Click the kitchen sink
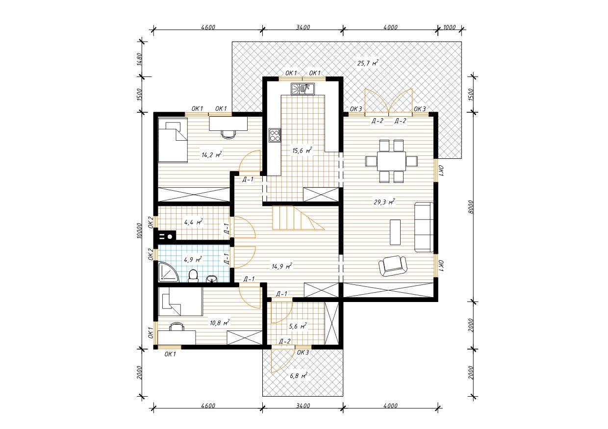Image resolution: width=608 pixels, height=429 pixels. [x=303, y=89]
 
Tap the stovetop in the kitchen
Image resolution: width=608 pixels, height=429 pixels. [x=275, y=135]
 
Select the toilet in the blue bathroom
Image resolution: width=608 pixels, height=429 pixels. [x=193, y=276]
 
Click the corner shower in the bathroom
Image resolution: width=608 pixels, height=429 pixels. [x=168, y=272]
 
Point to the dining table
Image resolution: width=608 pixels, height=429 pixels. [x=391, y=161]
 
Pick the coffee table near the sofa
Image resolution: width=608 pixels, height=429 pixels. [x=395, y=232]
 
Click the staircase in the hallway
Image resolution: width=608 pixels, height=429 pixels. [x=298, y=218]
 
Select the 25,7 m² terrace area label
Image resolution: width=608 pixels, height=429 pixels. [x=368, y=63]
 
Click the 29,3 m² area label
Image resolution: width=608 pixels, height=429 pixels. [x=384, y=202]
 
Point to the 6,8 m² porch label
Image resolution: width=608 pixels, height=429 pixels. [x=299, y=376]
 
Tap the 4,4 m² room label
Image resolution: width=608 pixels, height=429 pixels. [x=194, y=222]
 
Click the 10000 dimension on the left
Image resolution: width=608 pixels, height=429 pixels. [x=139, y=230]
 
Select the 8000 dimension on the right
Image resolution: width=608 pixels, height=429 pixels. [x=471, y=207]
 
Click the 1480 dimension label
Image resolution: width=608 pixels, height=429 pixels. [x=139, y=59]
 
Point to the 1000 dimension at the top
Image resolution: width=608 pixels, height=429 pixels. [x=449, y=27]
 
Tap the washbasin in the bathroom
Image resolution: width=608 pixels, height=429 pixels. [x=211, y=278]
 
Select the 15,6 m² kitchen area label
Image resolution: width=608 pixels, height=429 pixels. [x=302, y=151]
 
